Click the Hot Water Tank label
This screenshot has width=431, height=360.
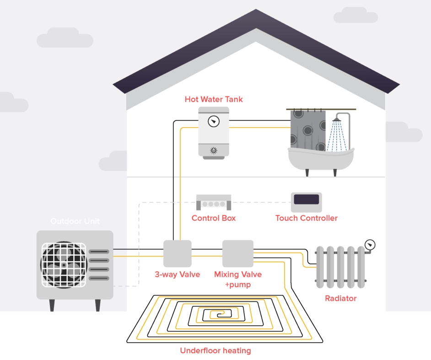[x=214, y=99]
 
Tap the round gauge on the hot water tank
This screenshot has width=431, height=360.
[x=213, y=122]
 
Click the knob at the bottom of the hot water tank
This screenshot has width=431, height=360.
[x=213, y=150]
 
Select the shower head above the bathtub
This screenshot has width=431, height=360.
[x=337, y=119]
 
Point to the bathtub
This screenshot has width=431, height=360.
[x=320, y=158]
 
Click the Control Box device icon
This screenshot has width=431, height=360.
[x=213, y=202]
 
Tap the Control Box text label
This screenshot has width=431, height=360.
[x=214, y=218]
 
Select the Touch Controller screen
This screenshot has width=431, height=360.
[x=306, y=199]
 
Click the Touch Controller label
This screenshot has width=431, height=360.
[x=306, y=218]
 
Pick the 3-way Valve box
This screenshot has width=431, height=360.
[x=177, y=253]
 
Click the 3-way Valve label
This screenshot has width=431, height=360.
[x=177, y=274]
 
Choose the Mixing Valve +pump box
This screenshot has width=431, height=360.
[x=237, y=253]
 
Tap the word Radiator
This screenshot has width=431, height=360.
[x=340, y=298]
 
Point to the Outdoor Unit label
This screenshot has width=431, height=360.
[x=75, y=221]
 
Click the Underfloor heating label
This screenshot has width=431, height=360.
[x=215, y=351]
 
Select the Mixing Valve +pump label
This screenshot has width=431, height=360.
[x=238, y=279]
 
